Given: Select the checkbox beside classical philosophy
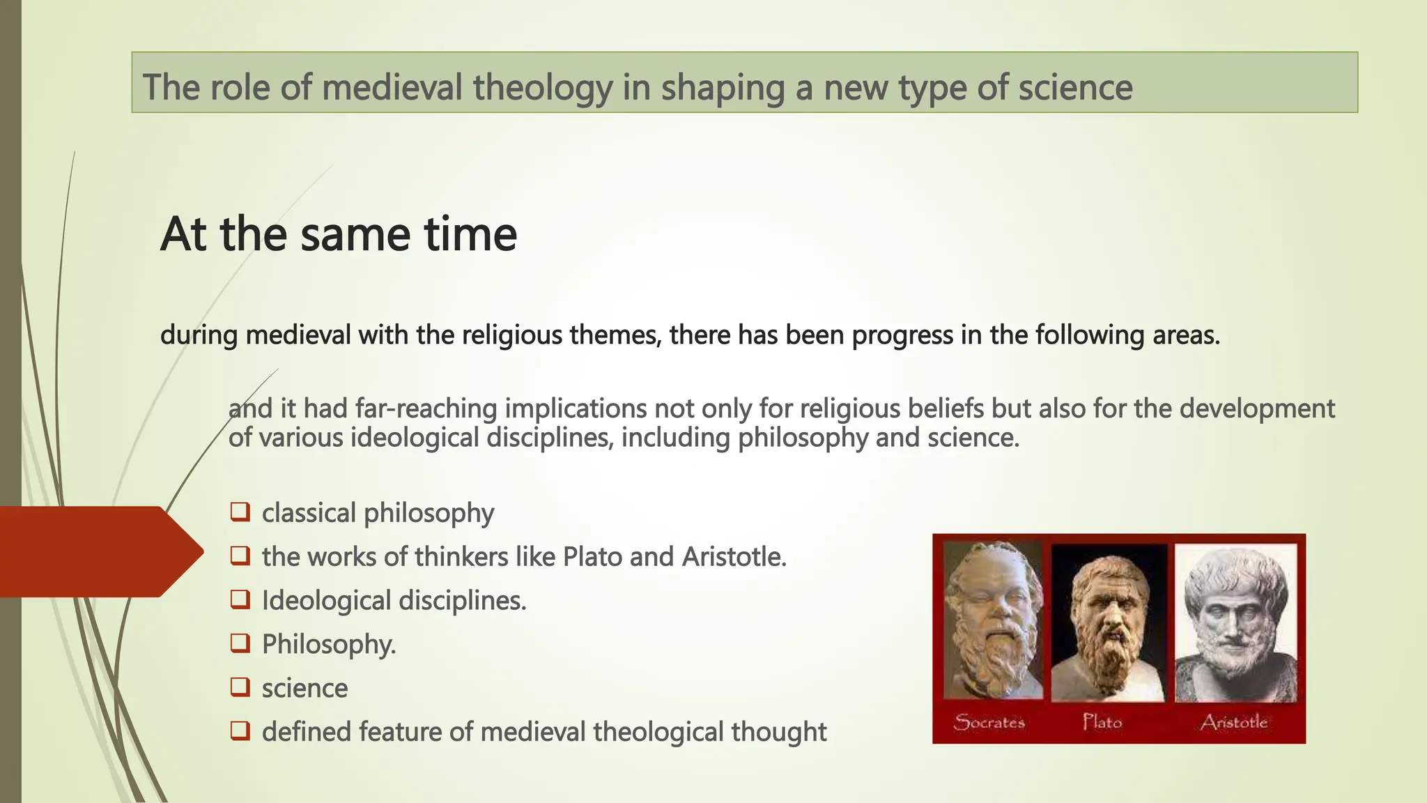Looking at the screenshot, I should click(x=240, y=512).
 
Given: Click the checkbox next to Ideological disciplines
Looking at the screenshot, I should click(x=240, y=599).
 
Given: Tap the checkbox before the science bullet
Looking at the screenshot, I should click(x=240, y=687).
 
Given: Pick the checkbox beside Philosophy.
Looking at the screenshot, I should click(x=240, y=643).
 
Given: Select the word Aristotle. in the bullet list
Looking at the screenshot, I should click(x=734, y=557).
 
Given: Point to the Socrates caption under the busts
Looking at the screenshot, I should click(x=989, y=722).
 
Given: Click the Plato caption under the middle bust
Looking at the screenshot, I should click(x=1102, y=721).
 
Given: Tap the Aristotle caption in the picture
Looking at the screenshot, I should click(x=1234, y=722).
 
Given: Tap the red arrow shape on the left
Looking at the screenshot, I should click(x=98, y=551).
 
